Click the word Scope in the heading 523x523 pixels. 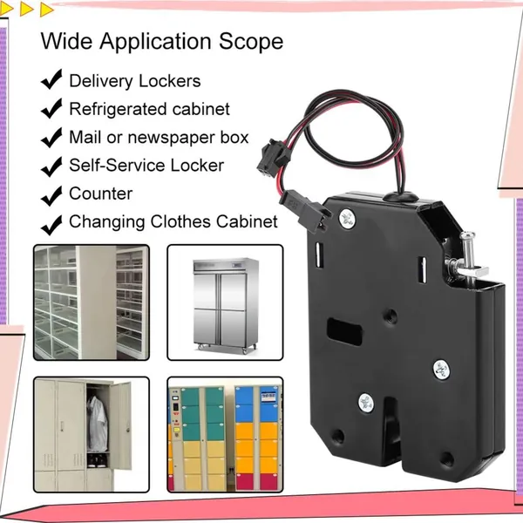[x=251, y=41]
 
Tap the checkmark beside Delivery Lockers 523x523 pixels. [x=51, y=79]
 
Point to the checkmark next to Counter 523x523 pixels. [x=51, y=195]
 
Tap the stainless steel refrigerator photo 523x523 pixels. [x=225, y=302]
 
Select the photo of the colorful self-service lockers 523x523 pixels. [x=225, y=435]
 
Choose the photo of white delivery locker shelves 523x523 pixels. [x=92, y=302]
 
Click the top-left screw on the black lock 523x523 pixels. [x=347, y=219]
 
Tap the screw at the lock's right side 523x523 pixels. [x=441, y=370]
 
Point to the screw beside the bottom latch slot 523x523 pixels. [x=366, y=402]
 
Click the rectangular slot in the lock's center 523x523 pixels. [x=344, y=331]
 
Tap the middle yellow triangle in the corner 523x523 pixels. [x=26, y=9]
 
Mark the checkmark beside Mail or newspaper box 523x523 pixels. [x=51, y=137]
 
